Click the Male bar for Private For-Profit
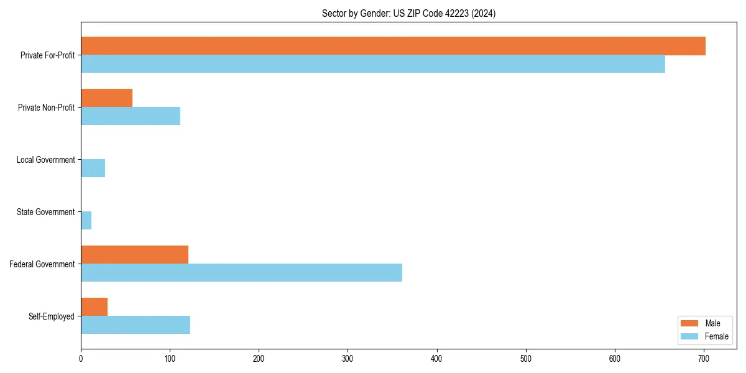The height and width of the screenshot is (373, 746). coord(393,46)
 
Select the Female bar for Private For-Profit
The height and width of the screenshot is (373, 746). coord(373,64)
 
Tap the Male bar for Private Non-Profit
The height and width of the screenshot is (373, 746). coord(106,98)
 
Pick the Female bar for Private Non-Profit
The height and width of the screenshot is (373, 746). coord(131,116)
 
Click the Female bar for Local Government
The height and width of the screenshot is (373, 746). coord(93,168)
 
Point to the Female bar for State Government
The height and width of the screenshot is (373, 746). coord(86,221)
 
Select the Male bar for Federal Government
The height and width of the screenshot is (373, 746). coord(134,255)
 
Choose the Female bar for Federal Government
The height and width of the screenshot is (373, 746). coord(241,273)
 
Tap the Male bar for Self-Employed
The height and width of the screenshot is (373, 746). coord(94,307)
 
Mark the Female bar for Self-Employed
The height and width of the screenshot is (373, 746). coord(136,325)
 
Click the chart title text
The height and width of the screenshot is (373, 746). coord(408,13)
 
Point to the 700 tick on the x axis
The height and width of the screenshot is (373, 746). coord(704,359)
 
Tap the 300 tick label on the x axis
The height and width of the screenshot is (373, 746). coord(348,359)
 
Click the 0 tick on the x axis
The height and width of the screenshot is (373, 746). coord(81,359)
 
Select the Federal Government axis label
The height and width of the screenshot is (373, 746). coord(42,264)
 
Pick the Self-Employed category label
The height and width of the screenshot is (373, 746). coord(51,316)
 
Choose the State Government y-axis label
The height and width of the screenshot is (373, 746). coord(45,212)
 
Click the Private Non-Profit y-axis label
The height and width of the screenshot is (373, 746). coord(46,108)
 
